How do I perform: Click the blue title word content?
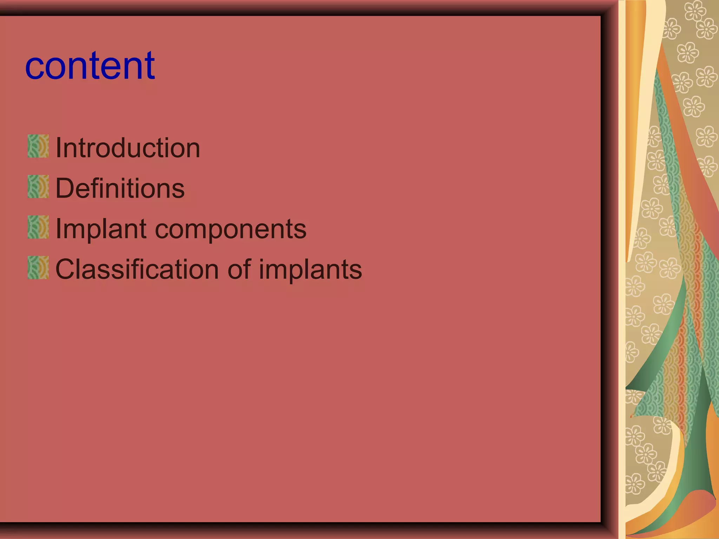click(x=90, y=66)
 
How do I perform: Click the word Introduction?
click(x=128, y=148)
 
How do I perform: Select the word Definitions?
click(x=120, y=188)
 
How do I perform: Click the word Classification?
click(x=137, y=269)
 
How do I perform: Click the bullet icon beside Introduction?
click(x=38, y=146)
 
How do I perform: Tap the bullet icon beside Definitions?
click(x=38, y=187)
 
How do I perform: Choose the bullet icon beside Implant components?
click(x=38, y=227)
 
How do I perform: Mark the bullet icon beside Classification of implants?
click(x=38, y=268)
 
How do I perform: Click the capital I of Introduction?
click(x=59, y=148)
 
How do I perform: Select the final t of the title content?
click(x=150, y=66)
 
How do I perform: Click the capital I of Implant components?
click(x=59, y=229)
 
